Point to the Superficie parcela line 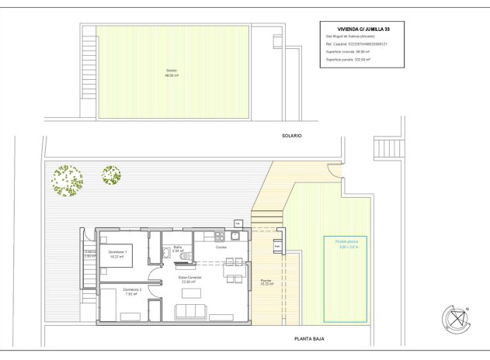(348, 59)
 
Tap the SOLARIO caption (291, 136)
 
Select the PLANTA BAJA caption (309, 339)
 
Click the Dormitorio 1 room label (118, 254)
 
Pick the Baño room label (177, 249)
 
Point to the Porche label (266, 282)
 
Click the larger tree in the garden (67, 181)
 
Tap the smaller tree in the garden (111, 175)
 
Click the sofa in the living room (191, 311)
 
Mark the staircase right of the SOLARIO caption (385, 147)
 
